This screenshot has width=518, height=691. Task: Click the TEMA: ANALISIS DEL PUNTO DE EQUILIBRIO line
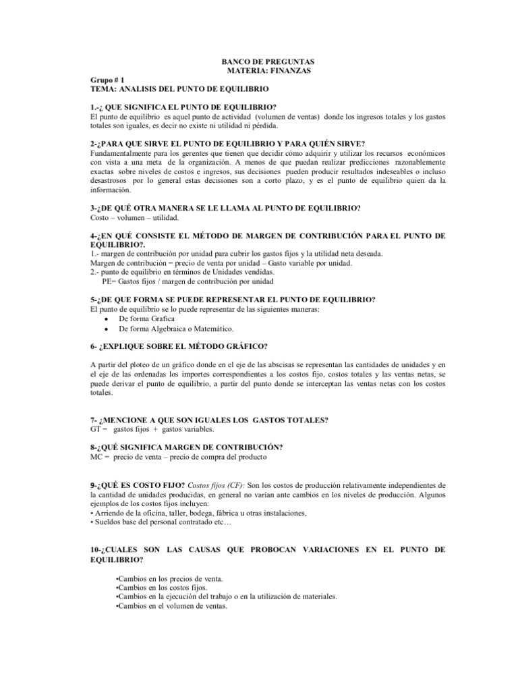[x=179, y=88]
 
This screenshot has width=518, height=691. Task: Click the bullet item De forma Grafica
[x=146, y=319]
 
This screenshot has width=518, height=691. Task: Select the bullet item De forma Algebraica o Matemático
[x=176, y=329]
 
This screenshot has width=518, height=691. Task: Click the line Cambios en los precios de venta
[x=169, y=579]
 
